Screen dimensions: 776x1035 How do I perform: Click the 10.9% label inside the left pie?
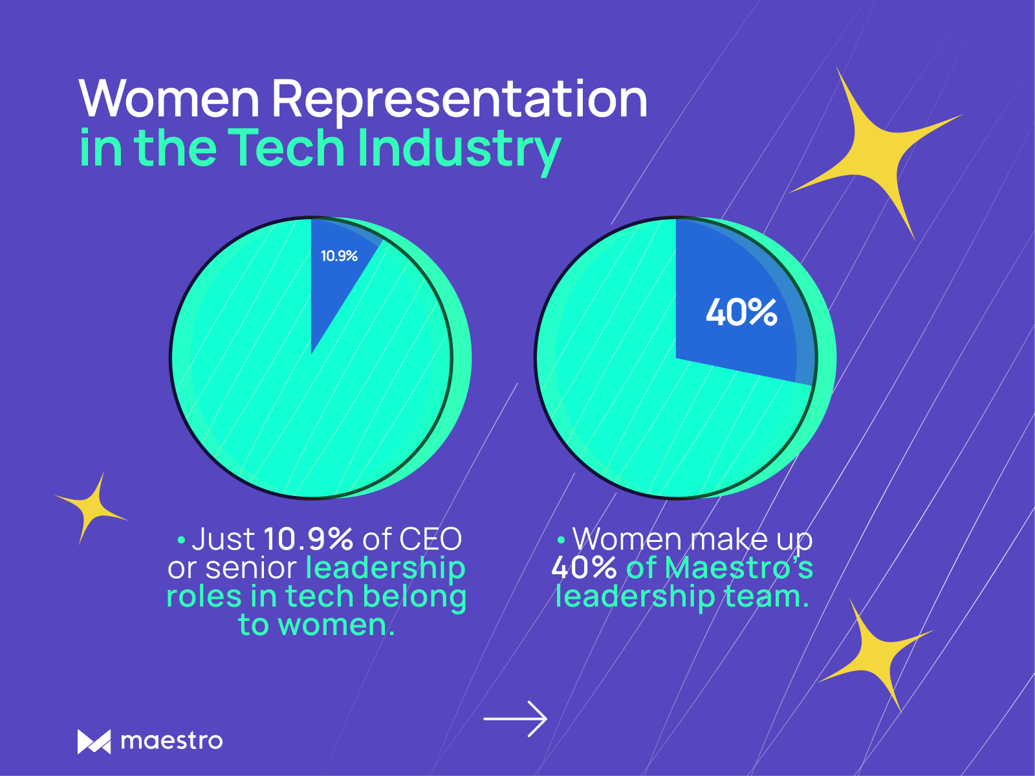(339, 256)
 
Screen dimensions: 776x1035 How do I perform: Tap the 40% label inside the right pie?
(741, 312)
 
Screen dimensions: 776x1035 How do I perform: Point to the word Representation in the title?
(459, 100)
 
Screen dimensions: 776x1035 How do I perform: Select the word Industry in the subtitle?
(459, 150)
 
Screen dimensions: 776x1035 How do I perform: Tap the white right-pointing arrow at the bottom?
(516, 718)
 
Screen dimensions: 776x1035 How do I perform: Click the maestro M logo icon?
(94, 742)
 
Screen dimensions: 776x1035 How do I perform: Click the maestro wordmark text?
(172, 741)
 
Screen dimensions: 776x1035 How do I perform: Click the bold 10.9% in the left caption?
(309, 539)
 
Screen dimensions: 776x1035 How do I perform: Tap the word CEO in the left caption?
(430, 539)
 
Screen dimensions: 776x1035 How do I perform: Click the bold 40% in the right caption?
(584, 568)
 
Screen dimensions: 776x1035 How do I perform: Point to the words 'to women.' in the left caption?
(316, 625)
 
